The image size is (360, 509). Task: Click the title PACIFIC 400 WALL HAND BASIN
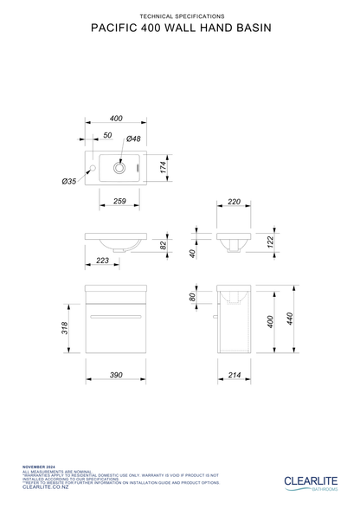click(180, 29)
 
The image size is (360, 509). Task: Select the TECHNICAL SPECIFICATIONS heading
click(180, 16)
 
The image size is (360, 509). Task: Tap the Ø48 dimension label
click(134, 139)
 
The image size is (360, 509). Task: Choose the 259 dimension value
click(120, 201)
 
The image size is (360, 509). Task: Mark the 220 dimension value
click(234, 201)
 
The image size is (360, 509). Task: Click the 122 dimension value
click(270, 242)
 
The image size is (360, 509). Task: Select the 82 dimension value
click(162, 246)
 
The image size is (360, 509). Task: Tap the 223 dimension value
click(103, 261)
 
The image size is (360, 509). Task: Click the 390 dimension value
click(116, 375)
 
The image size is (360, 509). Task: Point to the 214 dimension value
click(234, 375)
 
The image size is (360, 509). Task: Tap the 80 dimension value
click(193, 297)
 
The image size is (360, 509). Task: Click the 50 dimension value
click(107, 136)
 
